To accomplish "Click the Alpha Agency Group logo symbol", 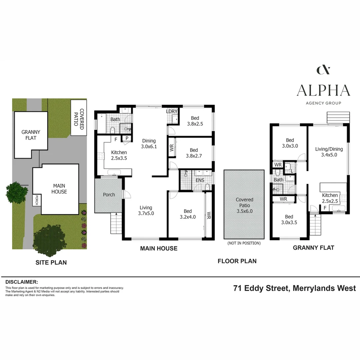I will [x=323, y=70].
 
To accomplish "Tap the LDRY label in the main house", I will [x=172, y=111].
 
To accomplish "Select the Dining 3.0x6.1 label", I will [x=149, y=144].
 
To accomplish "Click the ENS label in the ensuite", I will [x=200, y=180].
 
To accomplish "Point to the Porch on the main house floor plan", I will [x=109, y=195].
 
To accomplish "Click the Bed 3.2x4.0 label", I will [x=188, y=214].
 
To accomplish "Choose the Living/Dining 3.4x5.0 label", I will [x=329, y=152].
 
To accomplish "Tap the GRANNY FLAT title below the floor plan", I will [x=313, y=248].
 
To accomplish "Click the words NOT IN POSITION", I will [x=244, y=243].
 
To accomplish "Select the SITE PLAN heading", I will [x=51, y=262].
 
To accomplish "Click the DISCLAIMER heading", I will [x=22, y=282].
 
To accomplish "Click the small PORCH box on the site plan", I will [x=37, y=200].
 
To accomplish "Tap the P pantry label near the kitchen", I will [x=127, y=138].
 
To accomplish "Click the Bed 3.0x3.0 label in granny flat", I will [x=290, y=143].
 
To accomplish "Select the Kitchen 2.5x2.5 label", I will [x=330, y=198].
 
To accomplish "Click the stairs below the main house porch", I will [x=116, y=223].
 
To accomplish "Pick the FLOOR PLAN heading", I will [x=237, y=261].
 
